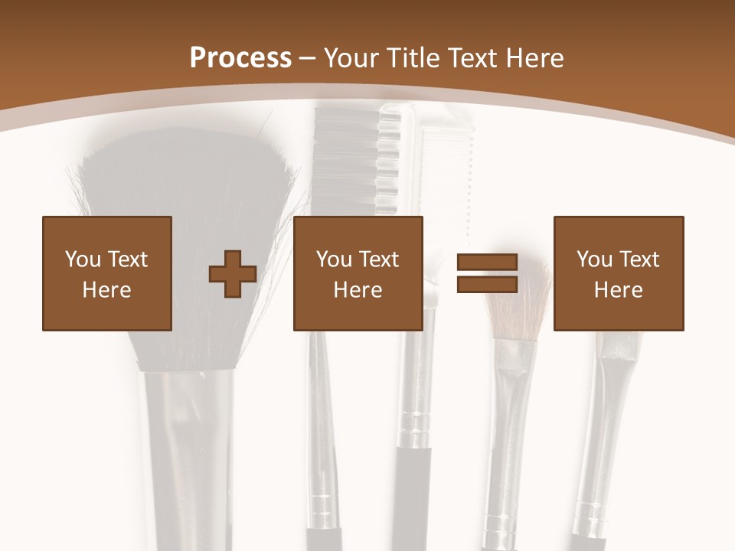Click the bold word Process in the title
point(240,58)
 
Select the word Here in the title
point(534,58)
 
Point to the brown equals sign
point(487,274)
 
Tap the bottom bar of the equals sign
point(487,285)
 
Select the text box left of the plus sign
point(107,273)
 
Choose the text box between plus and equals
point(358,273)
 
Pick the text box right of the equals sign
point(619,273)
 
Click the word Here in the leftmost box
point(107,290)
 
